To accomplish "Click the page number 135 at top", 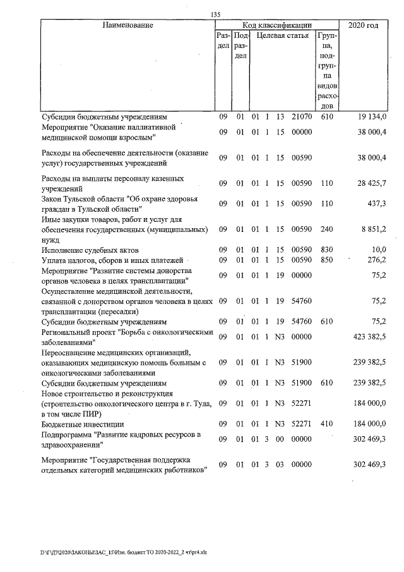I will tap(215, 15).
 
